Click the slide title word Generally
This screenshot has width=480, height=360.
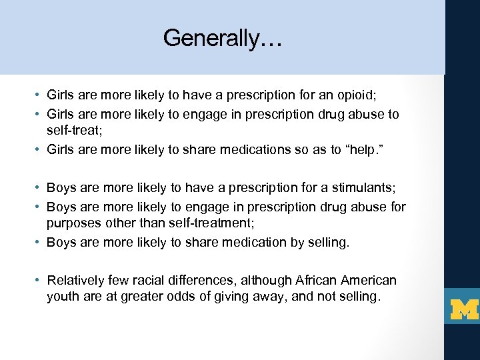[223, 38]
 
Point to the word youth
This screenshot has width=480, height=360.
[63, 297]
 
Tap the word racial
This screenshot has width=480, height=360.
[172, 280]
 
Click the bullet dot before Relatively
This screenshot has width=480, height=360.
[41, 281]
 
